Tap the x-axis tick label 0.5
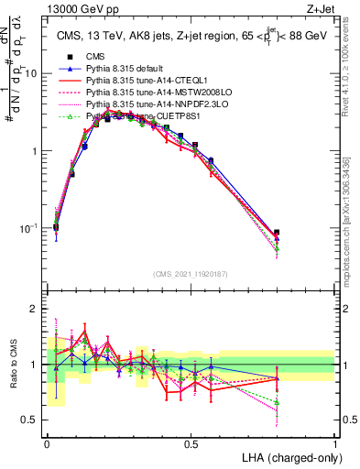pos(191,442)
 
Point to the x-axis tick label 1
pos(335,442)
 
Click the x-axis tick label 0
pos(47,442)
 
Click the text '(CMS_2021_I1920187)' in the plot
pos(191,275)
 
